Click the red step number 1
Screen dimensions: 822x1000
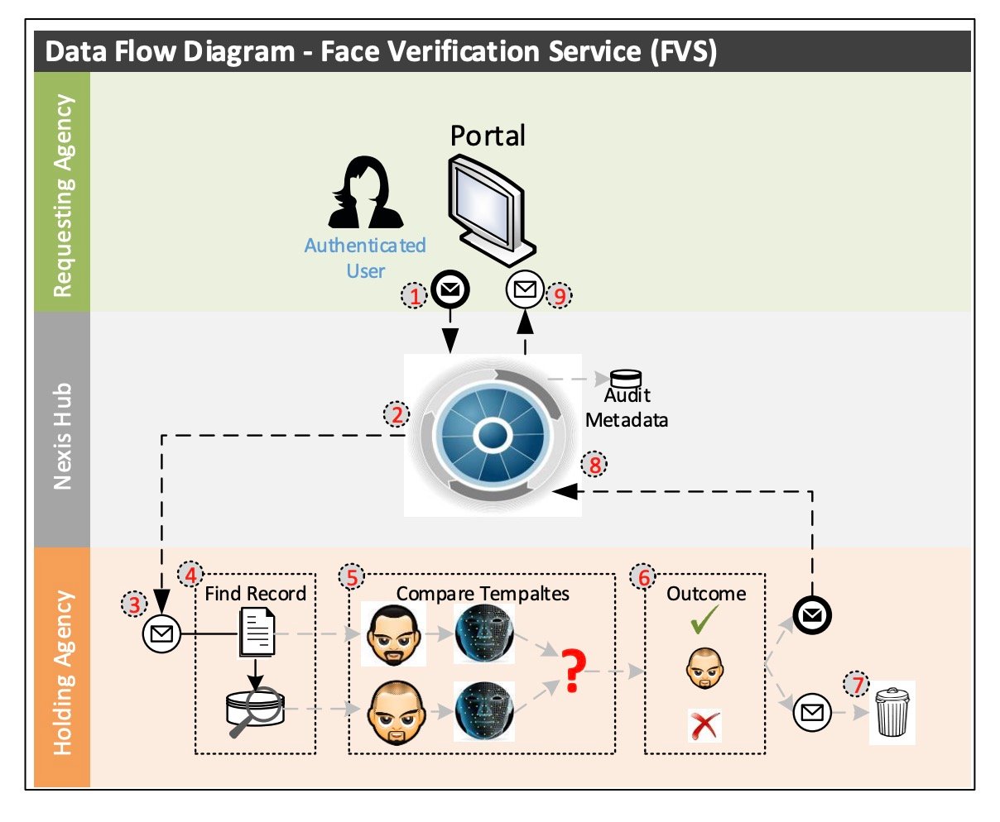coord(415,295)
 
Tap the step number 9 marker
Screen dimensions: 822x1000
coord(560,295)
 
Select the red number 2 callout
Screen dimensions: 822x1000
coord(397,414)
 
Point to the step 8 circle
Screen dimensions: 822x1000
coord(594,465)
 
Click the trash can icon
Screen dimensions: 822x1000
coord(892,712)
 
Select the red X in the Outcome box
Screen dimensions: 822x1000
coord(704,726)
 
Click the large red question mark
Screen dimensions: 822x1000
coord(570,671)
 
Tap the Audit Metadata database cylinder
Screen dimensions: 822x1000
coord(626,378)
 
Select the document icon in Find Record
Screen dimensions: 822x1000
coord(257,632)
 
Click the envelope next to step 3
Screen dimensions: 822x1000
coord(161,634)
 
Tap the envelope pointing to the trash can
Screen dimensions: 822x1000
coord(812,711)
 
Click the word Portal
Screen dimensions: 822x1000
coord(488,136)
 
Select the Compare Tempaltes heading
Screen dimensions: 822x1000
coord(483,594)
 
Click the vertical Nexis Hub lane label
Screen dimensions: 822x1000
coord(62,436)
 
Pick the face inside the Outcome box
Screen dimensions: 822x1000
coord(704,668)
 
